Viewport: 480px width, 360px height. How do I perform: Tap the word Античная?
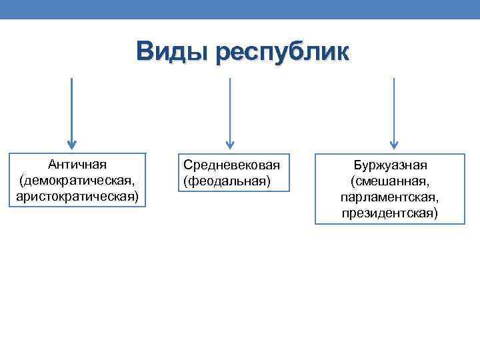point(77,165)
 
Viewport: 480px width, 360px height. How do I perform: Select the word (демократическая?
point(77,181)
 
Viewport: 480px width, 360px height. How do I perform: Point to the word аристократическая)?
point(77,197)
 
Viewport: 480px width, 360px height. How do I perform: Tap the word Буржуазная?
point(390,165)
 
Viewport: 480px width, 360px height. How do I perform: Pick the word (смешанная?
point(390,181)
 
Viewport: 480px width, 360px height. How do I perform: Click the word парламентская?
point(390,198)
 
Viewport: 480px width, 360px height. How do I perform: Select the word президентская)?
point(390,214)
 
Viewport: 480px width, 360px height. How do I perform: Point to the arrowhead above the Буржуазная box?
point(394,144)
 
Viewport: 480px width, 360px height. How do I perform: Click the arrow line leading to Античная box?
point(72,107)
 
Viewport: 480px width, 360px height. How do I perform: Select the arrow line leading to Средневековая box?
point(230,107)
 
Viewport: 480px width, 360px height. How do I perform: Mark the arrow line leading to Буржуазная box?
point(394,107)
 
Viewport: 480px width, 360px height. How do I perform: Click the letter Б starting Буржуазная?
point(357,165)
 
